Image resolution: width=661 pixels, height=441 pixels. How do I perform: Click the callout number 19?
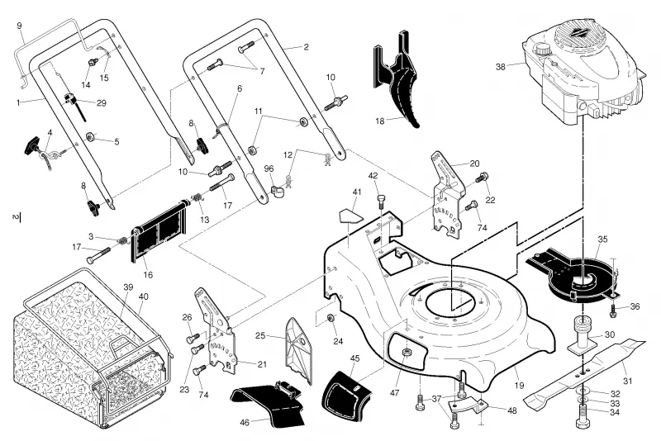[519, 385]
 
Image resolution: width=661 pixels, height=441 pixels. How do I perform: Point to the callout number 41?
[357, 192]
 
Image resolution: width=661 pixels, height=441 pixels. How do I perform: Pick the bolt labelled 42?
[382, 201]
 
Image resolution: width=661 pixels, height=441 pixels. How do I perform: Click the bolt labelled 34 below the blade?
[582, 415]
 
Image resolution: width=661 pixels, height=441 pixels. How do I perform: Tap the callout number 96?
[269, 168]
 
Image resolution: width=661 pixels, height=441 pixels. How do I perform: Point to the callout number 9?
[19, 26]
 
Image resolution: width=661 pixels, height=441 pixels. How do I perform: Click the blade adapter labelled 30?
[583, 335]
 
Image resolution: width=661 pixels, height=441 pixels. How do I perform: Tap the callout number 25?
[260, 335]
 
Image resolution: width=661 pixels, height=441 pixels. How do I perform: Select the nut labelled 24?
[331, 318]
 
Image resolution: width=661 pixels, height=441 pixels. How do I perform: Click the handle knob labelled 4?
[33, 145]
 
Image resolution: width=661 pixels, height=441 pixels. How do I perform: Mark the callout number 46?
[244, 422]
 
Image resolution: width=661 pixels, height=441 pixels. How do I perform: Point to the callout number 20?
[474, 164]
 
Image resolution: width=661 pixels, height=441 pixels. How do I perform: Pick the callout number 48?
[511, 410]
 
